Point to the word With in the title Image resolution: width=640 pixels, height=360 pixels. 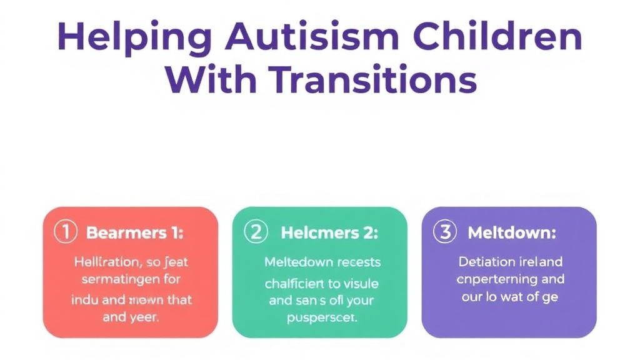tap(210, 81)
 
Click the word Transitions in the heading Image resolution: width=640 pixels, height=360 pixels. tap(374, 81)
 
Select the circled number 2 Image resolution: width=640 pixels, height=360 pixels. tap(255, 232)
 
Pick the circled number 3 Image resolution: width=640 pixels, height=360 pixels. tap(444, 232)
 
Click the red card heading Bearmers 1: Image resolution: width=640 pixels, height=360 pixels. tap(134, 233)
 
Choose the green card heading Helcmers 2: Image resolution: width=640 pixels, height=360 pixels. tap(329, 233)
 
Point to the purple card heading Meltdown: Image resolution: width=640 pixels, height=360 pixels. tap(512, 233)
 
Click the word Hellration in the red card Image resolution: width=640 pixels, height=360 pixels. tap(102, 262)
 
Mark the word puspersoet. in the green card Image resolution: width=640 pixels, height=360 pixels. tap(321, 317)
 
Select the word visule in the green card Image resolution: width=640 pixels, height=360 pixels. tap(361, 283)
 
